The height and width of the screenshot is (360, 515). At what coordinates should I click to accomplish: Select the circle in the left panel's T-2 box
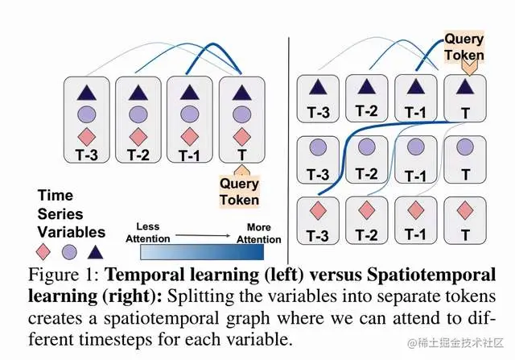point(137,114)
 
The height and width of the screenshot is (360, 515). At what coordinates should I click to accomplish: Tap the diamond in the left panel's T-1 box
point(190,134)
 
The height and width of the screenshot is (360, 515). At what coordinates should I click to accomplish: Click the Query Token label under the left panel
point(240,192)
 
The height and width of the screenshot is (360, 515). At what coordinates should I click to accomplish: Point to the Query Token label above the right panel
point(464,47)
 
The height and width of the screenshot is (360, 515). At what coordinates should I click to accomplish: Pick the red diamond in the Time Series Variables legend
point(46,250)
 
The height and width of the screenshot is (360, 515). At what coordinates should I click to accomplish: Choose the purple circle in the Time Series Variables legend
point(69,250)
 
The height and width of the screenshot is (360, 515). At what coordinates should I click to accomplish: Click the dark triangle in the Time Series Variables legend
point(95,250)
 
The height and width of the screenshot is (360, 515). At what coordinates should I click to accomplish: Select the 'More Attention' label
point(258,233)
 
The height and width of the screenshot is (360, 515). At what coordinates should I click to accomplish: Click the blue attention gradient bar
point(203,252)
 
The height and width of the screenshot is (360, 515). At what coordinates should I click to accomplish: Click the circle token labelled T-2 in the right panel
point(366,147)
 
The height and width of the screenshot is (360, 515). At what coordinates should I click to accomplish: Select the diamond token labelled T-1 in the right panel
point(416,211)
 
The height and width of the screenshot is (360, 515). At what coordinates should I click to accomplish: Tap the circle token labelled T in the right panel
point(465,148)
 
